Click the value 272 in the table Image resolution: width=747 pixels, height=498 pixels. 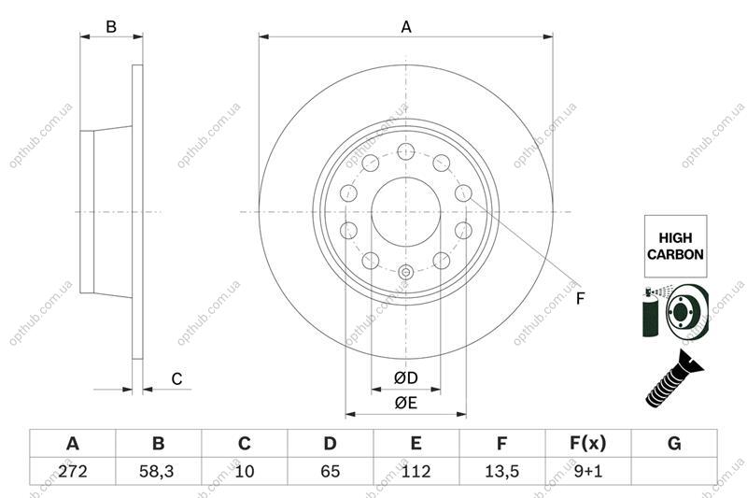click(73, 471)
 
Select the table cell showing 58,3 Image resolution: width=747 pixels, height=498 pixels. click(158, 471)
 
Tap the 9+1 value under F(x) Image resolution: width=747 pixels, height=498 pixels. click(588, 471)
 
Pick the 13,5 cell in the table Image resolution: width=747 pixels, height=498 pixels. click(501, 471)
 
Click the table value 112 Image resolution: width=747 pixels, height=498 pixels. click(416, 471)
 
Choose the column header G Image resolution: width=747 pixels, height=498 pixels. click(674, 444)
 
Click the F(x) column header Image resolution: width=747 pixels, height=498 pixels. click(588, 444)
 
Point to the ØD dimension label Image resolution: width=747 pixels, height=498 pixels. click(406, 377)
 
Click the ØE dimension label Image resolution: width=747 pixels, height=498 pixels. click(406, 403)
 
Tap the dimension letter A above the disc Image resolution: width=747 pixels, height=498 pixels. click(406, 27)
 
